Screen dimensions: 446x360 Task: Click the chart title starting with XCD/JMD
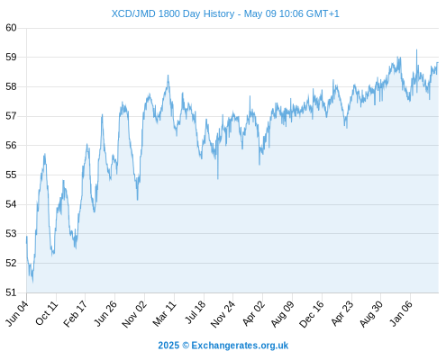pos(225,13)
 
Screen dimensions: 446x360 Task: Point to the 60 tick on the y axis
pos(11,28)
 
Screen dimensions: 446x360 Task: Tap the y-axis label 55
pos(11,175)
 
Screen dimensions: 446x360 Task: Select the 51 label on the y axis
pos(11,292)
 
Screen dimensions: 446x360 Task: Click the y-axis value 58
pos(11,86)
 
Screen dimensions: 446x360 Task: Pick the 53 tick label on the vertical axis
pos(11,233)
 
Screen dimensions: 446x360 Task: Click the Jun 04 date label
pos(17,313)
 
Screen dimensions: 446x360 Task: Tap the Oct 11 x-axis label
pos(46,313)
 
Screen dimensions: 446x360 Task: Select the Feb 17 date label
pos(76,313)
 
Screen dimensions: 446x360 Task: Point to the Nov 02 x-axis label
pos(134,313)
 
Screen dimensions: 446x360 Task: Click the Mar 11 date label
pos(164,313)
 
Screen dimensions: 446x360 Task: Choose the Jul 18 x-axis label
pos(196,312)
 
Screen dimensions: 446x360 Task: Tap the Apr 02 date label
pos(253,313)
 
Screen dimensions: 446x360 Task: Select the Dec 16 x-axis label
pos(312,313)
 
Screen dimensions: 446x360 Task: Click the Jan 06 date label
pos(401,313)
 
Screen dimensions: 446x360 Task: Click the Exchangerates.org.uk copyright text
pos(223,346)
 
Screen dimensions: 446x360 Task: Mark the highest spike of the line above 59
pos(416,49)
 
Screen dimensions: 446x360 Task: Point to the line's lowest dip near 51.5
pos(32,282)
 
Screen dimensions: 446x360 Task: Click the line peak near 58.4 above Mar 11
pos(168,76)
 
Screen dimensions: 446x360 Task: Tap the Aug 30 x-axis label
pos(371,313)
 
